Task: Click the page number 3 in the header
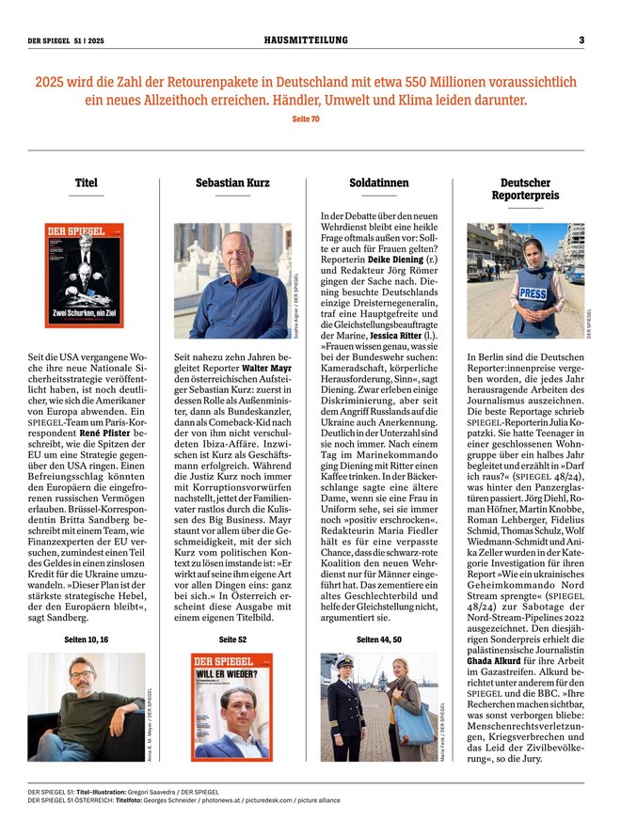(581, 40)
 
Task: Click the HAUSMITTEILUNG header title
(306, 40)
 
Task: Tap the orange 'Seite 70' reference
(306, 119)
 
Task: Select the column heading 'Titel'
(86, 182)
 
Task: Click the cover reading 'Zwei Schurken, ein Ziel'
(85, 275)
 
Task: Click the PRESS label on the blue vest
(533, 294)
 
